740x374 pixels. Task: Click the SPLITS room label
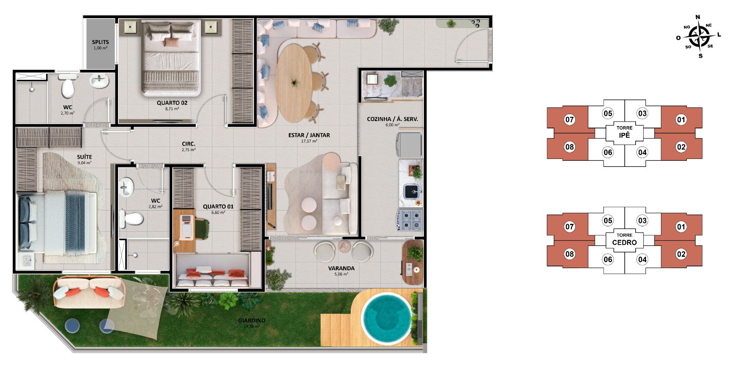(x=100, y=42)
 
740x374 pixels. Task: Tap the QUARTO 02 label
(x=172, y=103)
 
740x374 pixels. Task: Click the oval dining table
(x=294, y=83)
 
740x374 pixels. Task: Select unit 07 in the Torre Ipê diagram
(x=569, y=120)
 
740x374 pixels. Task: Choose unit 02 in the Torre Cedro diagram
(x=681, y=254)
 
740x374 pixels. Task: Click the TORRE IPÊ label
(x=624, y=132)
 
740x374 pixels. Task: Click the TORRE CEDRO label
(x=624, y=239)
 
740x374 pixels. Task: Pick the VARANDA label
(x=341, y=268)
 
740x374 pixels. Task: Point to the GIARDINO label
(x=252, y=320)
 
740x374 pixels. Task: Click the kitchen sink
(x=412, y=191)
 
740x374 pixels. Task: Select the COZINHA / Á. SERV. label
(x=392, y=119)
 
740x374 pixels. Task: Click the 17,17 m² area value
(x=309, y=141)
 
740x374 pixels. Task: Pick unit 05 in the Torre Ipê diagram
(x=608, y=113)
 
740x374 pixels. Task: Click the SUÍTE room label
(x=84, y=157)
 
